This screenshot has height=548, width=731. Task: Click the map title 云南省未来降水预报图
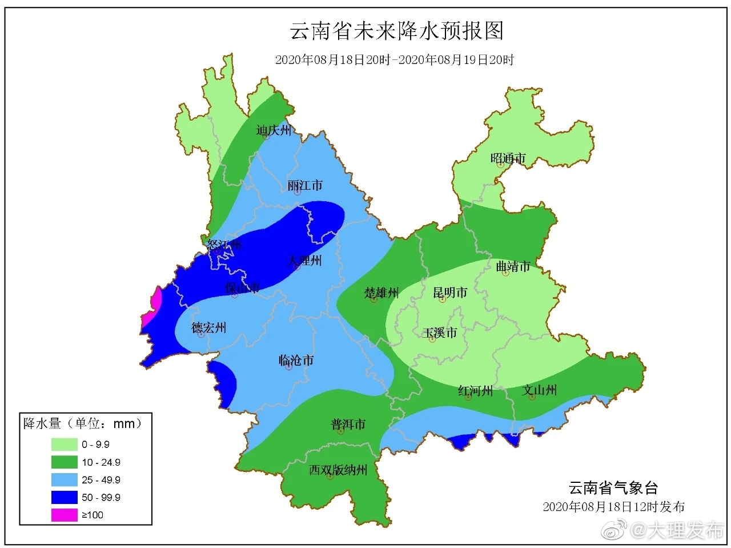pyautogui.click(x=397, y=31)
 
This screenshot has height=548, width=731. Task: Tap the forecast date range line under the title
pyautogui.click(x=395, y=60)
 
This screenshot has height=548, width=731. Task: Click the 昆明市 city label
pyautogui.click(x=450, y=293)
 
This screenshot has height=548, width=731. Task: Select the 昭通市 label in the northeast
pyautogui.click(x=508, y=158)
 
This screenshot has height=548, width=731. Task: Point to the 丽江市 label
pyautogui.click(x=305, y=186)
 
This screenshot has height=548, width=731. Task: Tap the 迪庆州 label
pyautogui.click(x=274, y=130)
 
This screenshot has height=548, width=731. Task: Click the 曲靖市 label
pyautogui.click(x=513, y=266)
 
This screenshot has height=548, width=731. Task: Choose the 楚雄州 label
pyautogui.click(x=381, y=293)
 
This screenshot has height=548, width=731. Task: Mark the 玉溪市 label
pyautogui.click(x=440, y=333)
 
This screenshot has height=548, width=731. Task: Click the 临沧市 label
pyautogui.click(x=296, y=361)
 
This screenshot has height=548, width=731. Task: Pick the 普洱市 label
pyautogui.click(x=348, y=425)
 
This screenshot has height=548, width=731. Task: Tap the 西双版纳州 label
pyautogui.click(x=338, y=470)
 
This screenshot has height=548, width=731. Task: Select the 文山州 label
pyautogui.click(x=539, y=390)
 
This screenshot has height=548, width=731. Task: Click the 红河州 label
pyautogui.click(x=475, y=391)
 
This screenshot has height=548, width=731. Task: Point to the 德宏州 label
pyautogui.click(x=208, y=328)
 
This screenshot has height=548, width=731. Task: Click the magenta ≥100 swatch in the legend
pyautogui.click(x=64, y=515)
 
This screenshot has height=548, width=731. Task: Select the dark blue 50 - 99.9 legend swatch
pyautogui.click(x=64, y=497)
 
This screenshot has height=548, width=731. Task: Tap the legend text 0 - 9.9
pyautogui.click(x=95, y=445)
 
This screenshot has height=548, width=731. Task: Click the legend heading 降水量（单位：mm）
pyautogui.click(x=83, y=423)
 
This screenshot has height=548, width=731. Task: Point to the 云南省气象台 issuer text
pyautogui.click(x=613, y=488)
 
